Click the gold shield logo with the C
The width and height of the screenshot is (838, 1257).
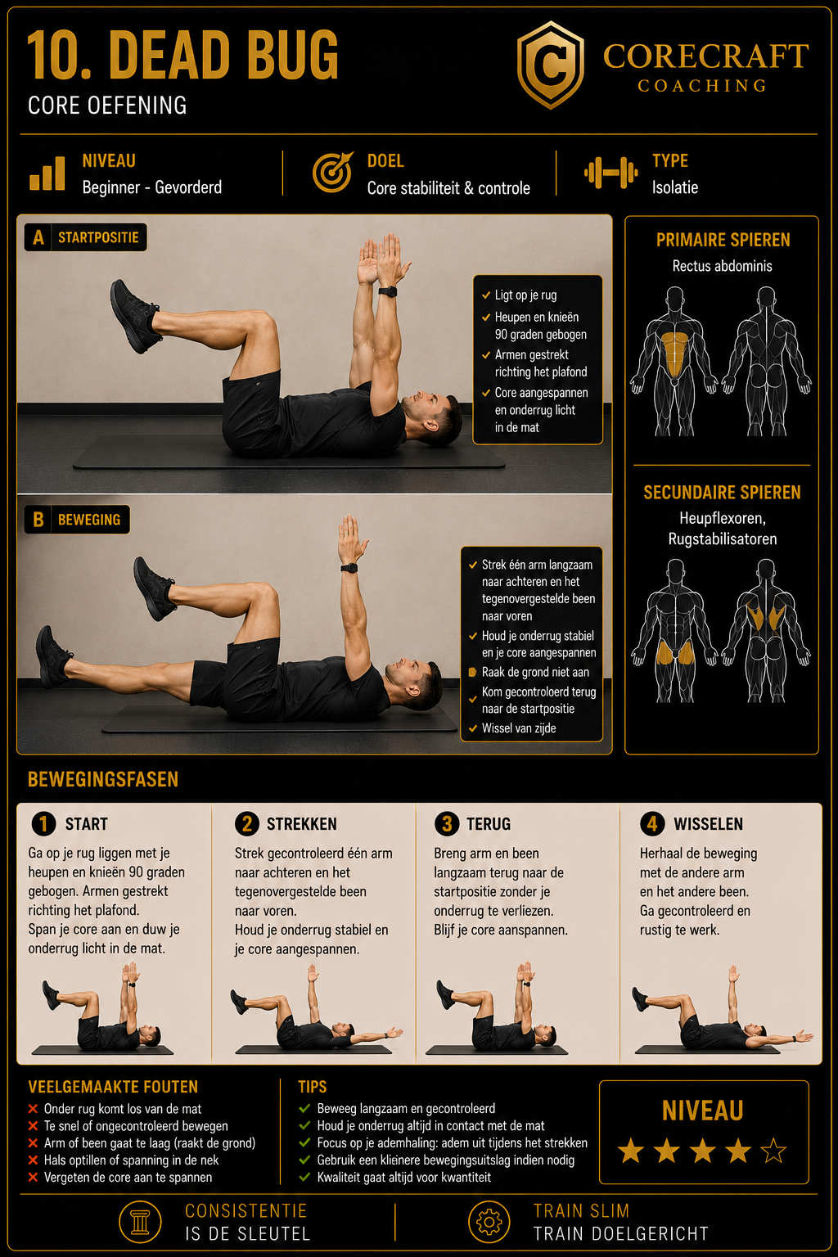551,65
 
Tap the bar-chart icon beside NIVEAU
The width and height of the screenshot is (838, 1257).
47,173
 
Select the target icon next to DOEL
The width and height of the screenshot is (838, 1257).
332,172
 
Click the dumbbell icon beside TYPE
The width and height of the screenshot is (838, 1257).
610,173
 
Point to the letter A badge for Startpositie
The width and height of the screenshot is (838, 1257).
38,237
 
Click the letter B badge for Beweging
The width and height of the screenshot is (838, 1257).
38,520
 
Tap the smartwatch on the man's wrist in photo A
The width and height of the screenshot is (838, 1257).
387,291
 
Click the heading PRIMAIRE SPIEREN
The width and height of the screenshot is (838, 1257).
723,240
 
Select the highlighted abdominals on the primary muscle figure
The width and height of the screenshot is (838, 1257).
674,353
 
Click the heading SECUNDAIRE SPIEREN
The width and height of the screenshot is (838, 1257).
722,493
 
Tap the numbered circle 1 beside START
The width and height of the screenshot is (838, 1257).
43,824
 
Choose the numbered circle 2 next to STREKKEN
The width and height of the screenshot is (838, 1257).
247,824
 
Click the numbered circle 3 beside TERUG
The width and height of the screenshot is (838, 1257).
447,824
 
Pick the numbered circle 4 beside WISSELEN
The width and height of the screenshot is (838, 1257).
652,824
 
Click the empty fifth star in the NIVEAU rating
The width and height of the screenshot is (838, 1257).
773,1151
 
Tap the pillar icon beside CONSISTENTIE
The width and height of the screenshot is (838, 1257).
140,1222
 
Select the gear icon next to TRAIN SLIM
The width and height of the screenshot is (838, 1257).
489,1222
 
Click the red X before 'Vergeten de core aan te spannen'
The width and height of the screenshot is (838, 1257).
33,1177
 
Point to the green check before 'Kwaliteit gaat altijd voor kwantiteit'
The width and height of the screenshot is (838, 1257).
304,1177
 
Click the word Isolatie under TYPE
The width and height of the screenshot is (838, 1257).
674,187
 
